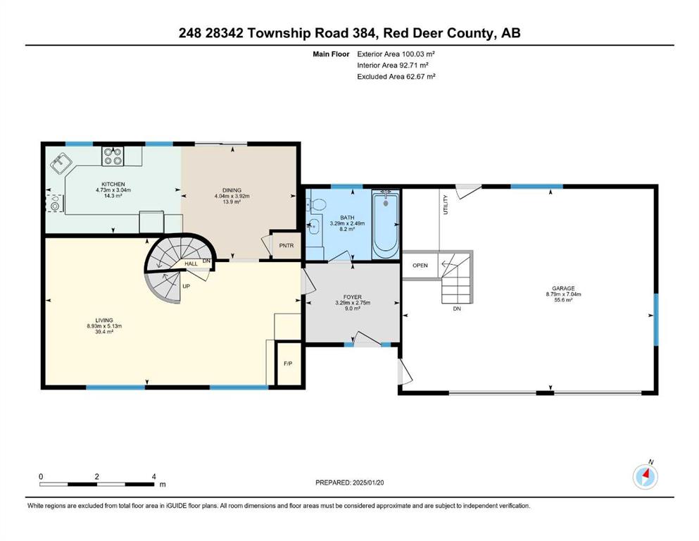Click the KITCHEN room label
113,184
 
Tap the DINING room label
232,190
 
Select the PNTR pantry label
286,246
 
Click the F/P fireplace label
288,363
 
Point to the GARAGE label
563,289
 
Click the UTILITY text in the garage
446,205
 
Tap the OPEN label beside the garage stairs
420,266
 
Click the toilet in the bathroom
318,204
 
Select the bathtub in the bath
385,223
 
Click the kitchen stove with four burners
113,156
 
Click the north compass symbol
645,477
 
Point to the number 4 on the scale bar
153,476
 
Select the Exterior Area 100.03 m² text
396,54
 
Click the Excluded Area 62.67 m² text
396,76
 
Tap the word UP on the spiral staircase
187,286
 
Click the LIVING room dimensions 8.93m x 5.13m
104,326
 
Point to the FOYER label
353,297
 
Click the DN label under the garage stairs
457,309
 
